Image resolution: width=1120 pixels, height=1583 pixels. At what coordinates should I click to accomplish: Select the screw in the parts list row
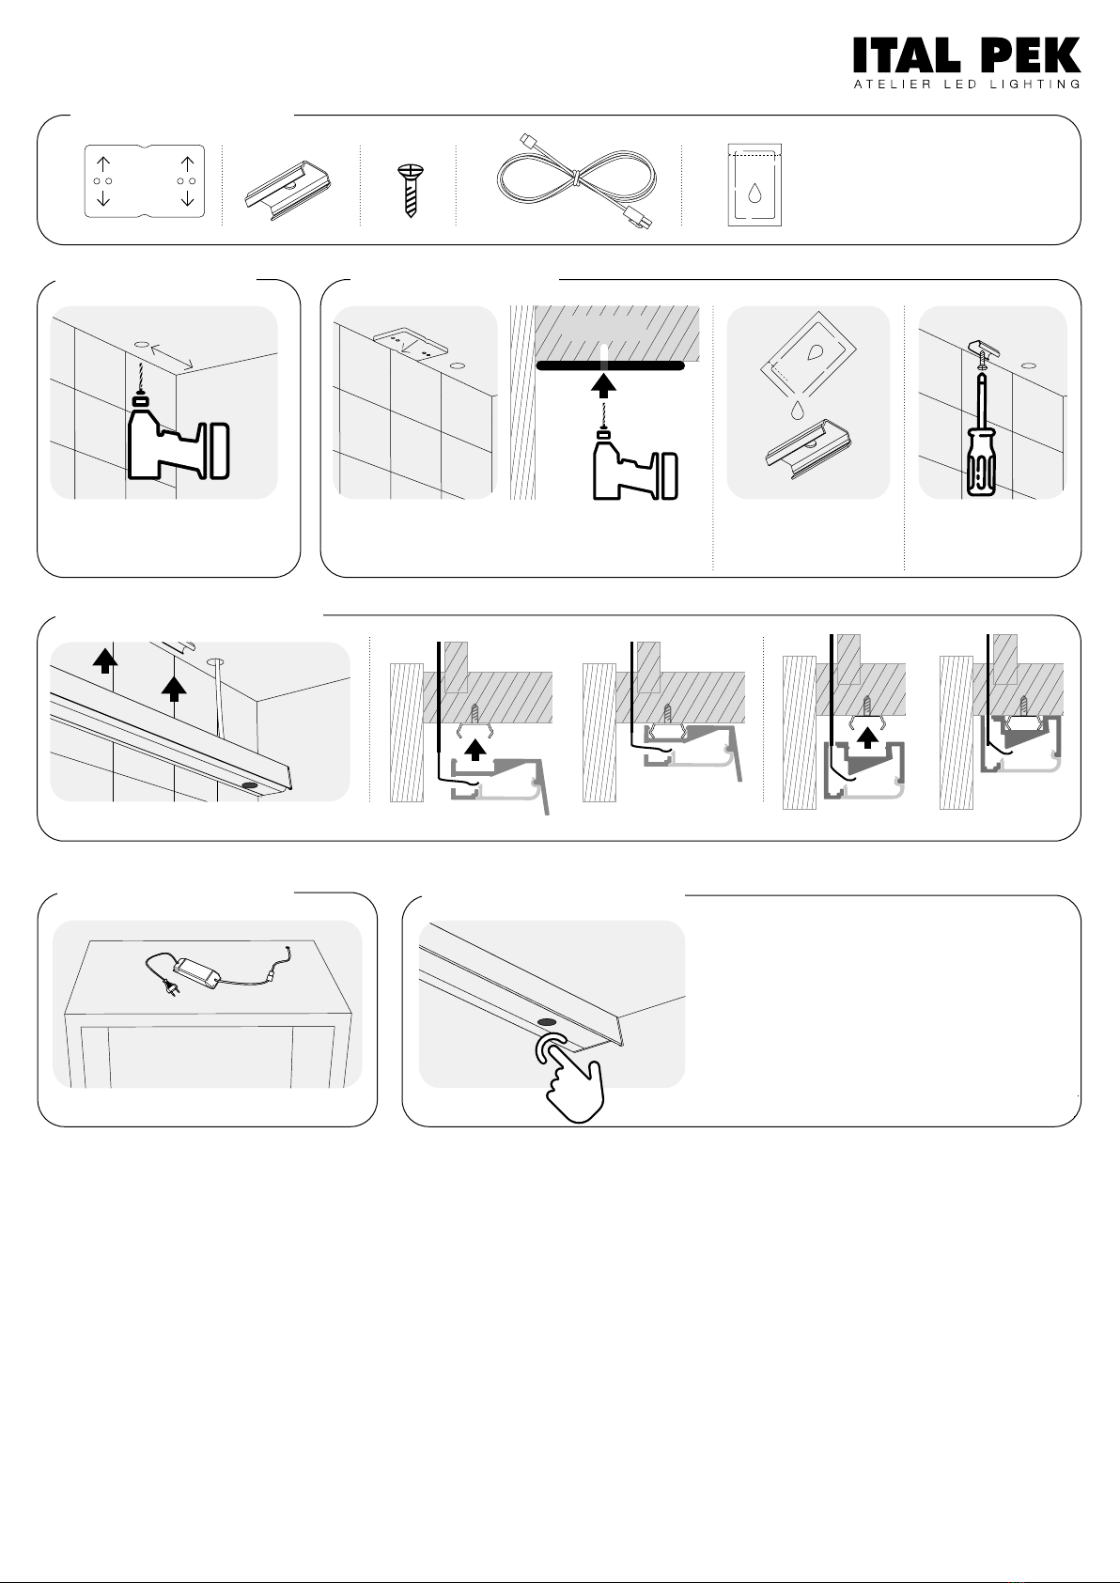(x=410, y=190)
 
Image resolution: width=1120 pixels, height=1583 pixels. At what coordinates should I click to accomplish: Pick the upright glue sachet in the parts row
(x=754, y=185)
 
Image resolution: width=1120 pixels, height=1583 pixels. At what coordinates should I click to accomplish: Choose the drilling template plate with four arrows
(x=144, y=181)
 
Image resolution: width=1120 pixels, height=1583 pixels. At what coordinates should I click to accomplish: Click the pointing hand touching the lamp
(x=571, y=1076)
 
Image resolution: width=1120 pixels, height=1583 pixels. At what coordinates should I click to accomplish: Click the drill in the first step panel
(x=179, y=437)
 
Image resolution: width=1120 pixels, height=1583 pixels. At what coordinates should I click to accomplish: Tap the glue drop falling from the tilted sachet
(x=797, y=410)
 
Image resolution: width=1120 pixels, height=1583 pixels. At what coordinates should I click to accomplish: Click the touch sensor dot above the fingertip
(x=547, y=1022)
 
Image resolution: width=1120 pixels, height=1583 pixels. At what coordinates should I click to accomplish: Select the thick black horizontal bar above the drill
(x=611, y=365)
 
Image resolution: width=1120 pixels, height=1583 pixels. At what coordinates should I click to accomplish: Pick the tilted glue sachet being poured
(x=808, y=355)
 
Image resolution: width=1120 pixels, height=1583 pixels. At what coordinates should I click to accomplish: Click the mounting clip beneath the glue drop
(x=807, y=445)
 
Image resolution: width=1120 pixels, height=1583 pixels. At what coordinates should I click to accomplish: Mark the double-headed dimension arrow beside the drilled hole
(x=172, y=356)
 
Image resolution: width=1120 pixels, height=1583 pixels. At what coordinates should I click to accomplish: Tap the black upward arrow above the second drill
(x=602, y=386)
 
